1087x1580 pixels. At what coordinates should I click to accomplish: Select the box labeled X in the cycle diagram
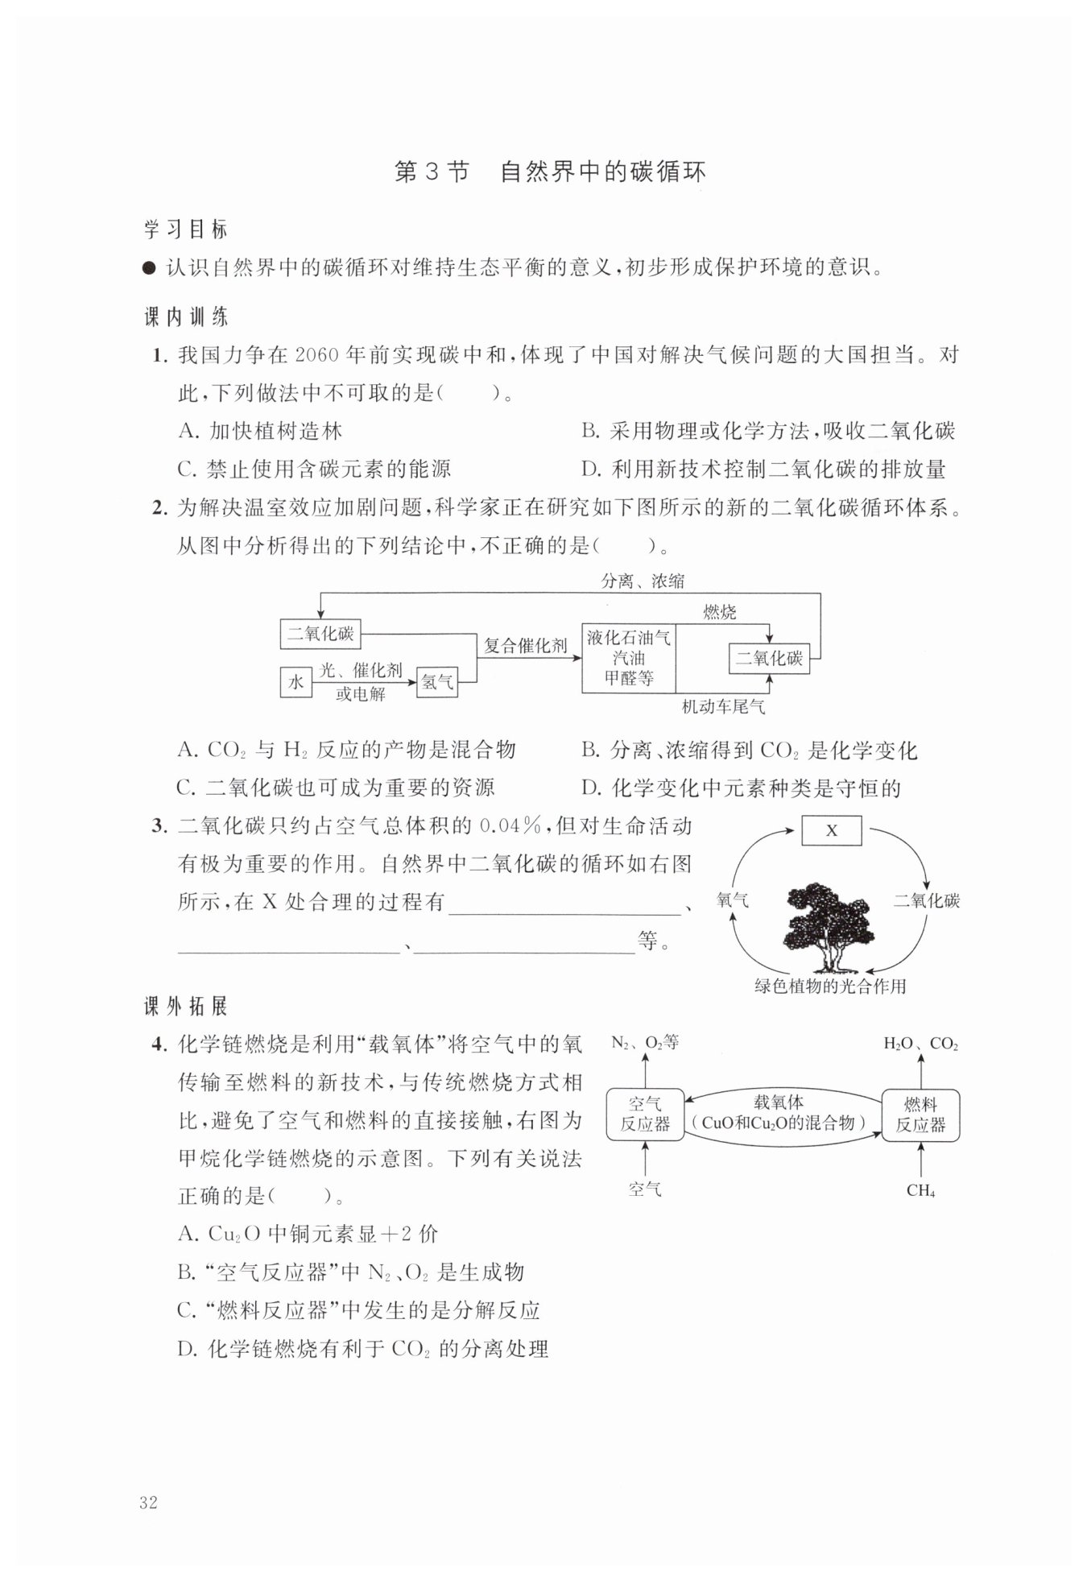point(831,830)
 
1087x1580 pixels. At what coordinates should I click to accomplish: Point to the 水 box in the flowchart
point(296,682)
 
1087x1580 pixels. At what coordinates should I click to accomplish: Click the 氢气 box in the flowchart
point(437,682)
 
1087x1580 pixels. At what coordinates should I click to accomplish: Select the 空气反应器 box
point(645,1115)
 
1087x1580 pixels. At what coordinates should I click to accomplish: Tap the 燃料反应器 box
point(920,1115)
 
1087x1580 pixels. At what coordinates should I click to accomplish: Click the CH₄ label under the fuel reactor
point(920,1190)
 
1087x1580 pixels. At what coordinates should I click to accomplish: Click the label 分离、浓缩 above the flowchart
point(643,581)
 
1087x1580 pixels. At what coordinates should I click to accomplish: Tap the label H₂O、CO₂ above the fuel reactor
point(920,1044)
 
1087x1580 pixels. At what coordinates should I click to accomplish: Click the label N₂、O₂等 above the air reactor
point(645,1042)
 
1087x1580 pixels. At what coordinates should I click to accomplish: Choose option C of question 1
point(314,469)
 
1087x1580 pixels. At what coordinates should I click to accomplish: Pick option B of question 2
point(749,751)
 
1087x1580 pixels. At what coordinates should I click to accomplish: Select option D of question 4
point(363,1348)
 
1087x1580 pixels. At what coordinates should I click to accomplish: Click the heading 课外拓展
point(186,1006)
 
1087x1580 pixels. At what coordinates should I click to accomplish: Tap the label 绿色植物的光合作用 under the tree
point(829,986)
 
